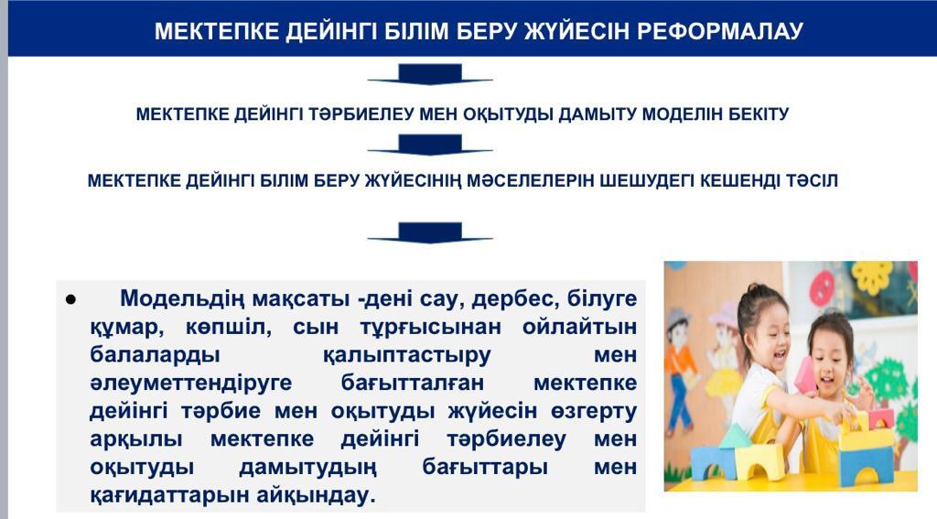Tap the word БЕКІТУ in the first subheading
[759, 114]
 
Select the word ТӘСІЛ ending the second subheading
[813, 180]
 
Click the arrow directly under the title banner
[430, 74]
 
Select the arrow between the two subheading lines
[430, 145]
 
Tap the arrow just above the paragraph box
[430, 232]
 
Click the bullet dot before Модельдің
[70, 299]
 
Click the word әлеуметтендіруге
[190, 383]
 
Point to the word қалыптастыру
[406, 354]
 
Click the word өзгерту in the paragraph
[586, 411]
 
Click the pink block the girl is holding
[805, 375]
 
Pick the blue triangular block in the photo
[735, 436]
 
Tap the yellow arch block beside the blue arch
[759, 462]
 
